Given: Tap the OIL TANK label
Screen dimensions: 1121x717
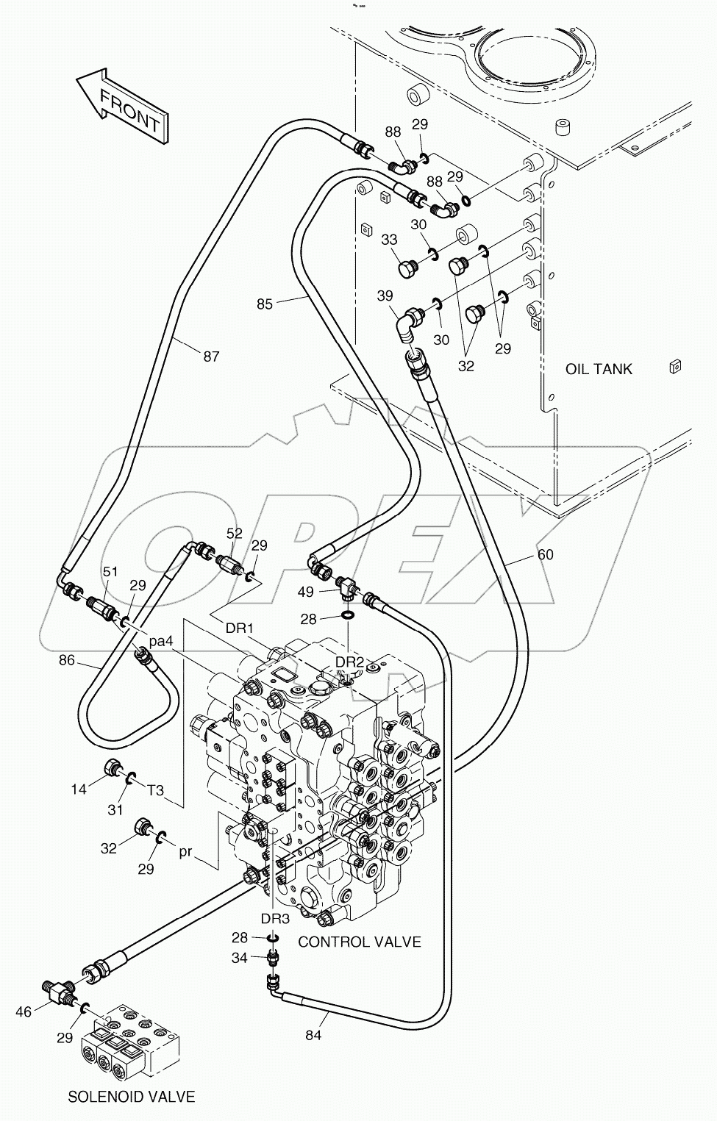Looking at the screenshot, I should [598, 369].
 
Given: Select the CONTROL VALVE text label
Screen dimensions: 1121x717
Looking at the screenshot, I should [359, 942].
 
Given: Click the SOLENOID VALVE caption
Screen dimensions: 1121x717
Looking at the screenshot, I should [132, 1097].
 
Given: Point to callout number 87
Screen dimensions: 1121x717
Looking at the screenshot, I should [211, 357].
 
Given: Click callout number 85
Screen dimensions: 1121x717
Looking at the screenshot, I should [264, 304].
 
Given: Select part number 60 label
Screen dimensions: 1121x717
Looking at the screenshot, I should [545, 555].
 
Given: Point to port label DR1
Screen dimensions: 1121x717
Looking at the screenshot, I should [239, 628].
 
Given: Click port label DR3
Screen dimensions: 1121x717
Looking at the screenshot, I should [275, 918].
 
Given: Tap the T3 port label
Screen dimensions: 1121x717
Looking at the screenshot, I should [155, 791].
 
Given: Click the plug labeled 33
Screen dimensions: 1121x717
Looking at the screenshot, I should [408, 268].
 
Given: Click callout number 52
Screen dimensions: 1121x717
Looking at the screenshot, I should [234, 534].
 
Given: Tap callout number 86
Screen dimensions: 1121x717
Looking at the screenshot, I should [67, 660].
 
